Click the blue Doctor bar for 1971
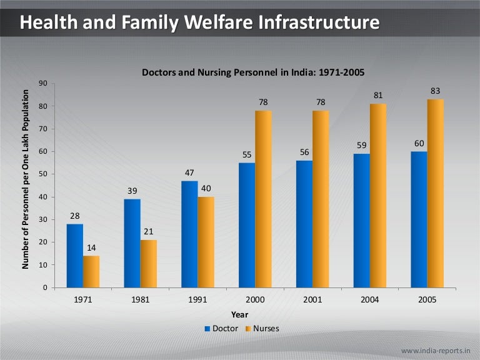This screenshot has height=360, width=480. tap(75, 256)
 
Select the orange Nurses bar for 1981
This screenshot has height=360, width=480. tap(148, 264)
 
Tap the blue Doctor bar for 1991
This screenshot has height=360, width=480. tap(189, 234)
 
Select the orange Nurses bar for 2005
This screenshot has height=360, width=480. tap(436, 193)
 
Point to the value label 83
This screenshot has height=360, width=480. tap(436, 91)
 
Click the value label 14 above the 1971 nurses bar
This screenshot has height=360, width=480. tap(91, 247)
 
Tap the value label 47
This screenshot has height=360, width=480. tap(189, 172)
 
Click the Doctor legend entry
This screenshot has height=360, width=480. tap(221, 328)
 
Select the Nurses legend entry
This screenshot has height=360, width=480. tap(262, 328)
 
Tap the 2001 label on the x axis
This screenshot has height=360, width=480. tap(312, 300)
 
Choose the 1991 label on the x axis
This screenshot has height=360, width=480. tap(197, 300)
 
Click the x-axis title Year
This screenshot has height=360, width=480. tap(239, 314)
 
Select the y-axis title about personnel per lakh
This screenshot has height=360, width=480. tap(26, 180)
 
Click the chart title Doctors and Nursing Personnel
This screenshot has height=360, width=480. tap(253, 72)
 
